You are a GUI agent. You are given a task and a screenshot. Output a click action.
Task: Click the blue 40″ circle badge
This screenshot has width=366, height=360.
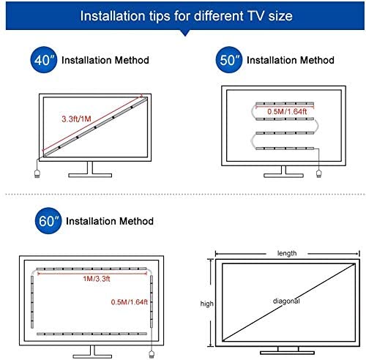(x=44, y=60)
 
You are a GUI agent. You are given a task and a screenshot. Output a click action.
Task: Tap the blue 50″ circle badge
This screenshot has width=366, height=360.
(x=229, y=60)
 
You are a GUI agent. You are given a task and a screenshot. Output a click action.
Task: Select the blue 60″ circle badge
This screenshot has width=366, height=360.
(x=48, y=221)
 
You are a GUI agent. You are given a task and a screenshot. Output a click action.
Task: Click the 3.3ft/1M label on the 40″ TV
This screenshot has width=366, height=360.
(x=76, y=119)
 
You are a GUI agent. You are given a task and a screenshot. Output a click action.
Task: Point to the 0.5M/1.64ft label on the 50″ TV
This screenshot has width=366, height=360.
(x=287, y=111)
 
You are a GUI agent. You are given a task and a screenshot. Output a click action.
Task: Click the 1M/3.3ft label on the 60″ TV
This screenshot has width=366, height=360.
(x=97, y=279)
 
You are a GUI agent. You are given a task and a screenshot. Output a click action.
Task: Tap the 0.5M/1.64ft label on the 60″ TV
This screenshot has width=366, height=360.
(x=130, y=302)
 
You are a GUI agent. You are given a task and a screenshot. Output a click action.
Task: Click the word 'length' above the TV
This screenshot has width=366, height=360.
(x=287, y=253)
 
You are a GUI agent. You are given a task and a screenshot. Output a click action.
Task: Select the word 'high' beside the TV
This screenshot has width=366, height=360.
(x=206, y=304)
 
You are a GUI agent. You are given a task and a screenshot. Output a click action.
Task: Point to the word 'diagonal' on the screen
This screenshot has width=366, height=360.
(x=286, y=301)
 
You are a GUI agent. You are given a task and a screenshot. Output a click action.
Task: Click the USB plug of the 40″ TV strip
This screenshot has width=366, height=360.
(x=37, y=173)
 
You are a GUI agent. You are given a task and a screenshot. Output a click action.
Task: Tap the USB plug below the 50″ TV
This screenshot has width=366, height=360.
(x=318, y=173)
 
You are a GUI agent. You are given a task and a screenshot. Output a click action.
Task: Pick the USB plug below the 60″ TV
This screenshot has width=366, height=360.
(x=152, y=354)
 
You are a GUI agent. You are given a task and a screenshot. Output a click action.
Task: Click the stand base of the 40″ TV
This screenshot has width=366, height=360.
(x=90, y=175)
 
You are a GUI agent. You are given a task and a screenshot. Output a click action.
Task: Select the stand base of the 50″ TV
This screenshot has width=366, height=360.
(x=283, y=175)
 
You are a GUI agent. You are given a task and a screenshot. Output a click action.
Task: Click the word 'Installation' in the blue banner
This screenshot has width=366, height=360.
(x=113, y=16)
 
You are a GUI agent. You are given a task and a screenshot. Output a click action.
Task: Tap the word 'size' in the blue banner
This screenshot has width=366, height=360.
(x=280, y=16)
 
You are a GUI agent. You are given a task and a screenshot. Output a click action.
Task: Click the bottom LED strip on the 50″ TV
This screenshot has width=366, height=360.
(x=285, y=148)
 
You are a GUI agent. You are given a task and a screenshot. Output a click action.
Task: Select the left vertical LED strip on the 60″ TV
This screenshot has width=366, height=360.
(x=32, y=302)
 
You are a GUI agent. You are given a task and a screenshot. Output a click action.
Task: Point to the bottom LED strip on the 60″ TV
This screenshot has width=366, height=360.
(x=91, y=334)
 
